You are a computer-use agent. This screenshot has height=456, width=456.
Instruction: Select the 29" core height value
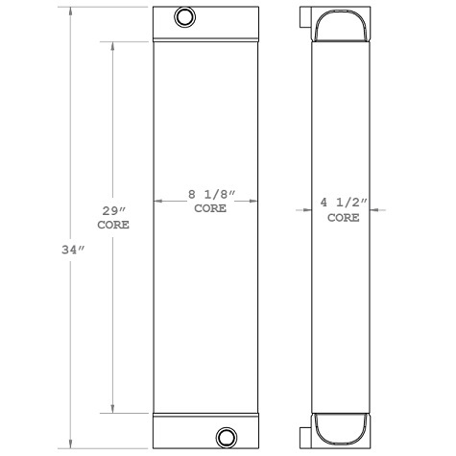114,210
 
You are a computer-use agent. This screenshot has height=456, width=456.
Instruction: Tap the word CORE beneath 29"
114,225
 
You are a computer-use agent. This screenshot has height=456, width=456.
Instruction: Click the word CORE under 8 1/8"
210,208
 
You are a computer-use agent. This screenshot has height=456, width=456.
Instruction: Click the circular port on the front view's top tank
183,16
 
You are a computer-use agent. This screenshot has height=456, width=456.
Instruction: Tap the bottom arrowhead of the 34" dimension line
70,444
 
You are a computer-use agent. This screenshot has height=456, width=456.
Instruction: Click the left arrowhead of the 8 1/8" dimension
158,201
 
